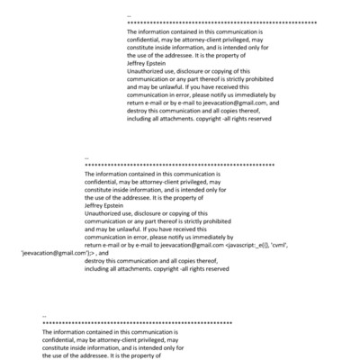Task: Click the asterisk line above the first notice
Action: pos(221,22)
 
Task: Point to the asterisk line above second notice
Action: pos(178,166)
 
